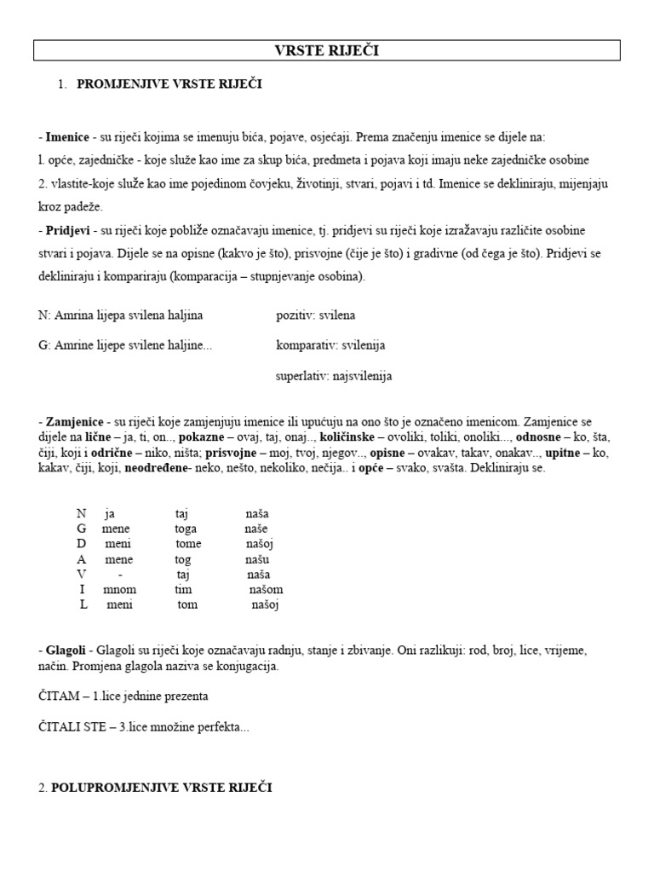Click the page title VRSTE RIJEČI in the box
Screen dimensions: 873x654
[x=327, y=52]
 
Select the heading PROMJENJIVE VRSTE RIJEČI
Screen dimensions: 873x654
[x=170, y=84]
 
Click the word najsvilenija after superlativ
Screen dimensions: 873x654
[x=355, y=376]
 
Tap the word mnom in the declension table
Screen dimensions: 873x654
[x=119, y=590]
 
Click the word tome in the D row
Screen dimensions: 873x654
[x=188, y=544]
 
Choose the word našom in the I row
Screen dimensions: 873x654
[x=266, y=590]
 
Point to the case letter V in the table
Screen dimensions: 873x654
[x=82, y=575]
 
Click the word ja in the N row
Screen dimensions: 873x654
[x=109, y=514]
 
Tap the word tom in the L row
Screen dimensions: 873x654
[x=187, y=605]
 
